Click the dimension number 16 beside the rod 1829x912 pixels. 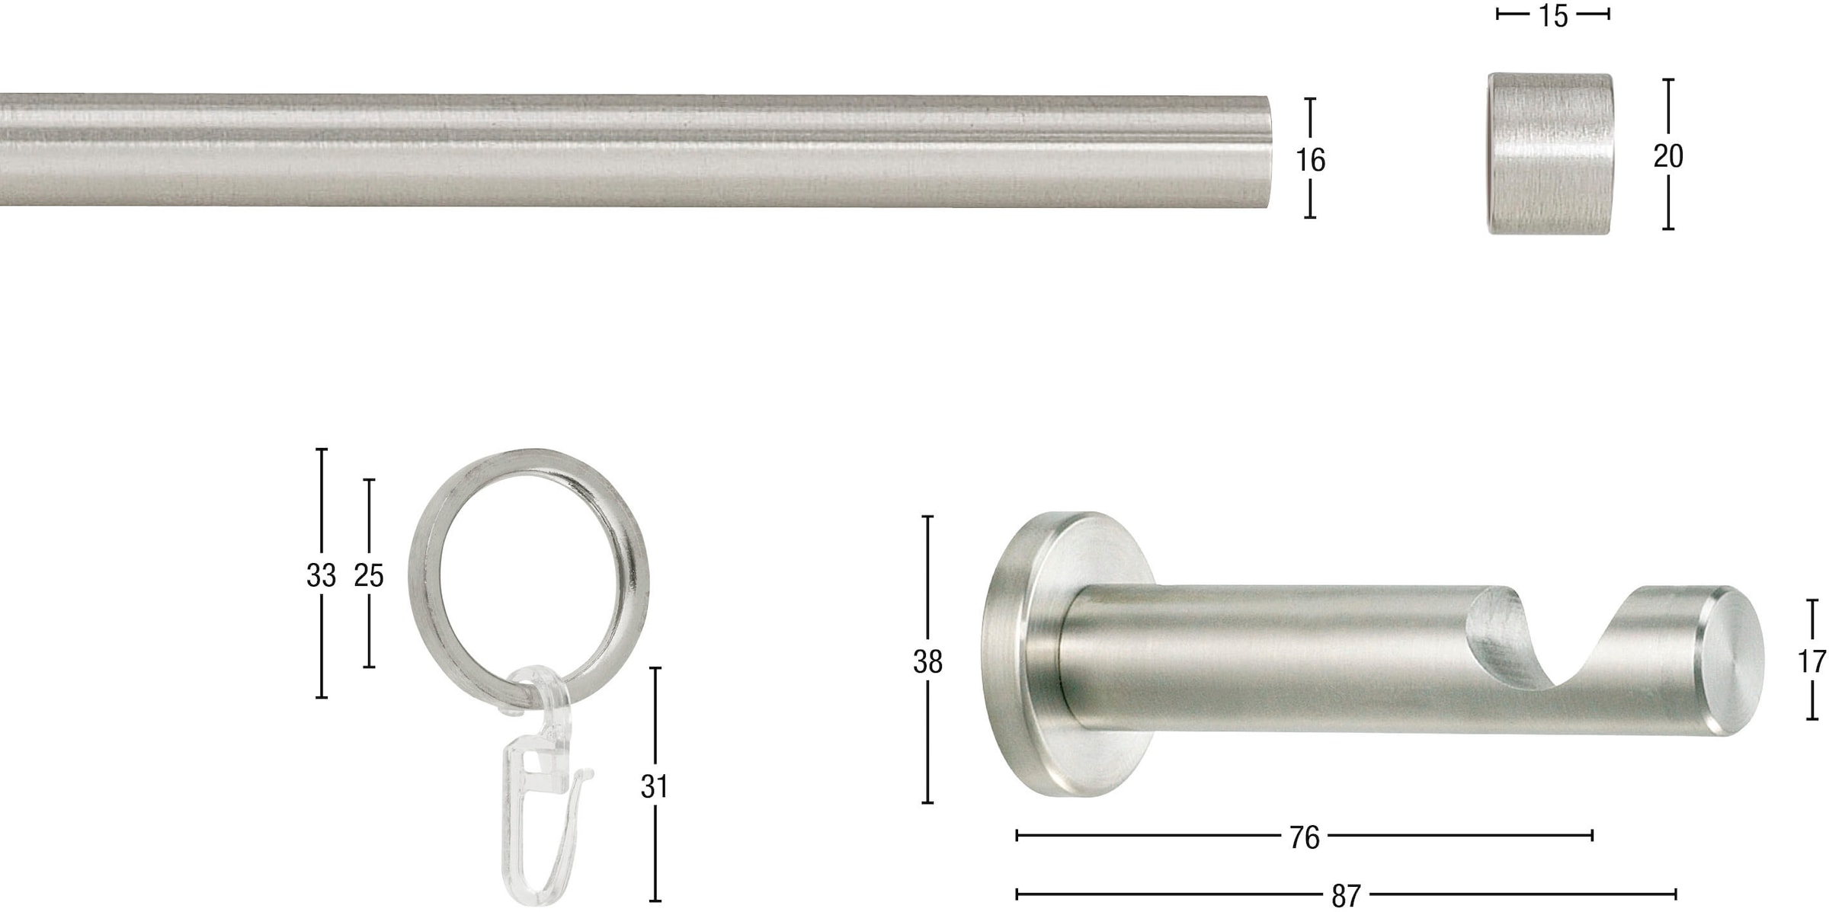[1310, 160]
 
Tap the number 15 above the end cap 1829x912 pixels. [1552, 15]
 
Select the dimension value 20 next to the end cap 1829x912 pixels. [1667, 156]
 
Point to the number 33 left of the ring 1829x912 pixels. [321, 575]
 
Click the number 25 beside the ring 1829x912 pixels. [369, 575]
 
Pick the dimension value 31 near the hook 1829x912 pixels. [655, 786]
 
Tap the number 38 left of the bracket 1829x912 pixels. [927, 662]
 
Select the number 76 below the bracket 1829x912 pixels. [1304, 837]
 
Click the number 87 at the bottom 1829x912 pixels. [1346, 895]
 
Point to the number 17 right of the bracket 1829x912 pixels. [1811, 661]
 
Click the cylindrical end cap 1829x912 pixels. [1549, 153]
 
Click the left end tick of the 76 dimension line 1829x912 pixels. [1017, 836]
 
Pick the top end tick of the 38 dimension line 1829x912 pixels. [927, 517]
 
